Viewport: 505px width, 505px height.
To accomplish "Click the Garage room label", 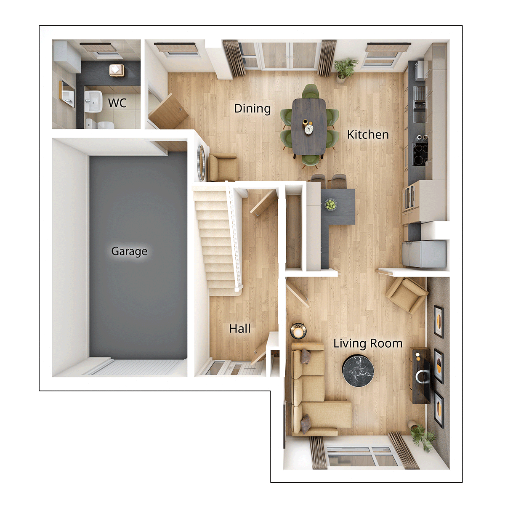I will (129, 251).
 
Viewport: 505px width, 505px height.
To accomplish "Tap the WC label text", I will (117, 103).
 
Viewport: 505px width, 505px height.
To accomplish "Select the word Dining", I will (252, 109).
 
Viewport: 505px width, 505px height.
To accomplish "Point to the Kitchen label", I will (367, 135).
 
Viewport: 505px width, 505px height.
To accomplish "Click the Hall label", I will (240, 329).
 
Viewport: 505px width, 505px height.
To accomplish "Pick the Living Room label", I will (367, 343).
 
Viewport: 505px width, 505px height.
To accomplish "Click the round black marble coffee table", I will (358, 371).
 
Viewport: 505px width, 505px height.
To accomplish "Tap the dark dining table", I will (309, 126).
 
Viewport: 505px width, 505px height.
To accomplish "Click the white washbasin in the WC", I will (93, 102).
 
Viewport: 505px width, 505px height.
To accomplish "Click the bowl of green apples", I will (331, 205).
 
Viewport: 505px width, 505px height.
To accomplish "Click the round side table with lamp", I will (298, 331).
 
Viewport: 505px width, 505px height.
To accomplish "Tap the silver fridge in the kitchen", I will (423, 254).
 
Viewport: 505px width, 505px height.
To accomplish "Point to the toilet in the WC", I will (100, 124).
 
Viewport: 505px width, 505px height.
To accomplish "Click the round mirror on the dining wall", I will (202, 162).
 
